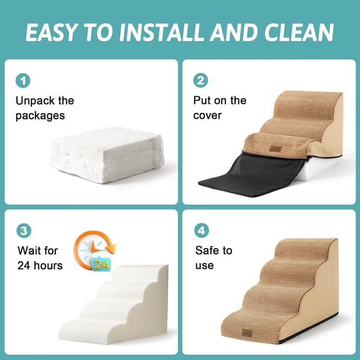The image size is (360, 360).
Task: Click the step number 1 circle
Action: pos(23,81)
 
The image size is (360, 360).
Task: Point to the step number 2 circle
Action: pos(201,81)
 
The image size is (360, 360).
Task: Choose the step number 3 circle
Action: pos(23,231)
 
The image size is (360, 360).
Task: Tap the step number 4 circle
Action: pos(201,231)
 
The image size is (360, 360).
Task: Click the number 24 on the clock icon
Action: pos(101,263)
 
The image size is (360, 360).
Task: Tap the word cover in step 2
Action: pos(208,115)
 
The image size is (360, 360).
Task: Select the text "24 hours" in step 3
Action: pos(40,265)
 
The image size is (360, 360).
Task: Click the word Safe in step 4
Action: pos(206,250)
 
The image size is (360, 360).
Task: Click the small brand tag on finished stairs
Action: pos(247,334)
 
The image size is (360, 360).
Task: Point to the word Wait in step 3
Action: pos(29,250)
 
